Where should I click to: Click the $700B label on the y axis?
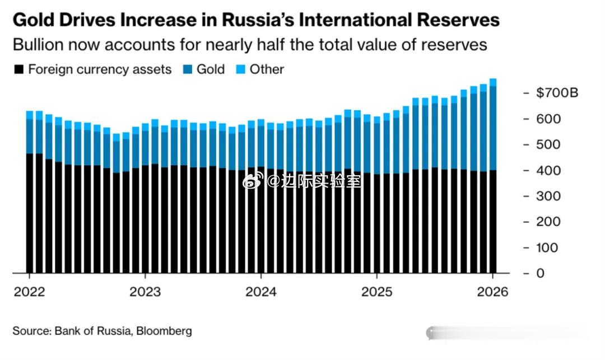click(556, 93)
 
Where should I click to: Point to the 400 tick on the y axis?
click(548, 170)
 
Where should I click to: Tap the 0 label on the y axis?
click(541, 273)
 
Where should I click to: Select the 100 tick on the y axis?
click(548, 247)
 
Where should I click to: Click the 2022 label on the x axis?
click(29, 292)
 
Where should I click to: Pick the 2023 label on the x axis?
click(145, 292)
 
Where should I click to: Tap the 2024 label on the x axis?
click(260, 292)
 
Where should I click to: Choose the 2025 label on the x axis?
click(376, 292)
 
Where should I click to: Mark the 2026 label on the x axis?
click(493, 292)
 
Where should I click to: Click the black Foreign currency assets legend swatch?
click(19, 70)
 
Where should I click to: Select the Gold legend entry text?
click(211, 69)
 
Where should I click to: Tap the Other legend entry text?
click(267, 69)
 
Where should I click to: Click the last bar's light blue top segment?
click(493, 82)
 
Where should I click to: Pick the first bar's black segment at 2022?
click(30, 213)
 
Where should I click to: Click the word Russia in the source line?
click(114, 331)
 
